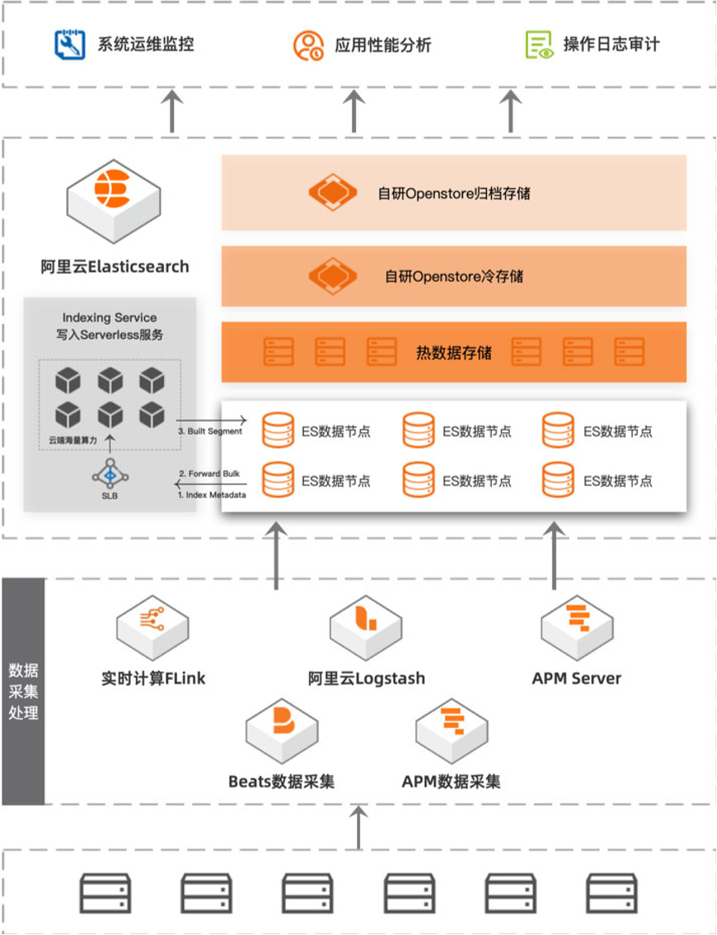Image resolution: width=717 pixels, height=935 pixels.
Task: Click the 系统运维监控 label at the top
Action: (146, 44)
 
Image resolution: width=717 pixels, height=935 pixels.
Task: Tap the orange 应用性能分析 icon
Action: (308, 45)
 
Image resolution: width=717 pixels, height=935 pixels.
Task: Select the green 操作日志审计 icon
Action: (539, 45)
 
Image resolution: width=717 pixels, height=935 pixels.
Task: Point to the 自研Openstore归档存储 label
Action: (454, 194)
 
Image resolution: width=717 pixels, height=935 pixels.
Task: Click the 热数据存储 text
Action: (454, 353)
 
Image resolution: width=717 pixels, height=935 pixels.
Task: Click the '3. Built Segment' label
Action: (210, 431)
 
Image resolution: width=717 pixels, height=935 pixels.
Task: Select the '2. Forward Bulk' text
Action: (209, 474)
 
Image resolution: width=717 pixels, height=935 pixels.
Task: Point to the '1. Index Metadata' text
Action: (212, 494)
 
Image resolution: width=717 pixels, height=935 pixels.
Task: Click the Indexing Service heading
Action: (109, 318)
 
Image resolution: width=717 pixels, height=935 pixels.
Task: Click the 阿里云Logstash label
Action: (366, 678)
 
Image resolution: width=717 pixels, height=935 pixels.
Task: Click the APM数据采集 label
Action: (451, 781)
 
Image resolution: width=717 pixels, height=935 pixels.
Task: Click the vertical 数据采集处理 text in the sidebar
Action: (23, 691)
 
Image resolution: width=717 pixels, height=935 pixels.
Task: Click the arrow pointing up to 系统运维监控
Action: (171, 111)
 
